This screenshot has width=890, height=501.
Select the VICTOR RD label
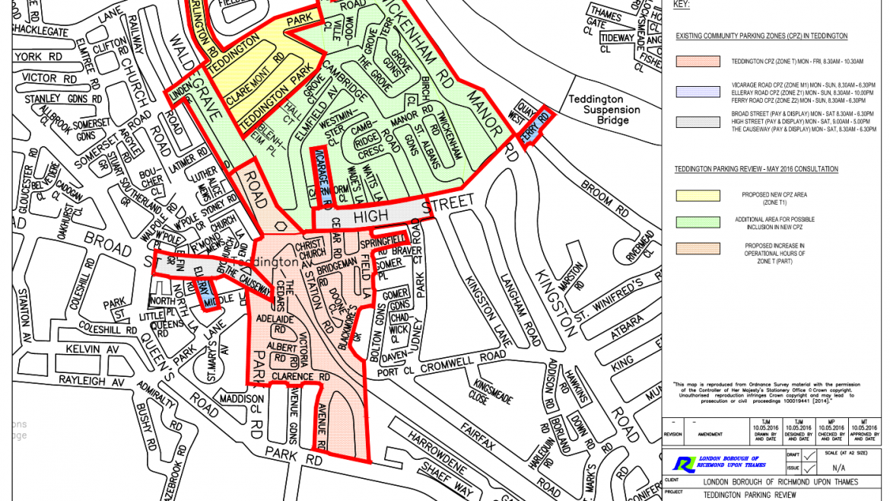point(49,78)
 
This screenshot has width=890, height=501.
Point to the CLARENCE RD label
point(303,377)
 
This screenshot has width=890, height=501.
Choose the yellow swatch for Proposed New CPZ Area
point(698,195)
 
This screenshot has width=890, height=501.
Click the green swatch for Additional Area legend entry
point(698,222)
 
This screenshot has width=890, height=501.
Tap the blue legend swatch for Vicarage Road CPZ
point(698,91)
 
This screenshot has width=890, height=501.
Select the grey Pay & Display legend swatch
point(698,122)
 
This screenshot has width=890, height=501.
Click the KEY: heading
point(682,5)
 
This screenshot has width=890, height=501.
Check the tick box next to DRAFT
point(809,455)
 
